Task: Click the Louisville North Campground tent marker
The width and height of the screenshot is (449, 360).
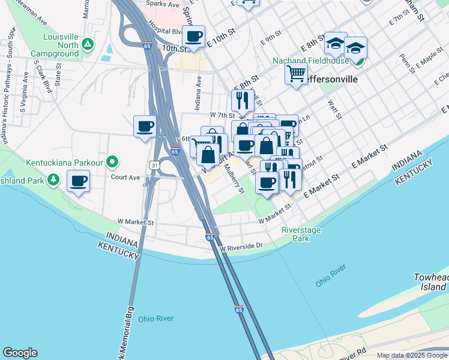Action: tap(88, 44)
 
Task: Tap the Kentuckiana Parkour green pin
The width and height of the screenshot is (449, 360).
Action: tap(112, 162)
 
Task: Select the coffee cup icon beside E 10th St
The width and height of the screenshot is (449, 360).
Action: tap(193, 37)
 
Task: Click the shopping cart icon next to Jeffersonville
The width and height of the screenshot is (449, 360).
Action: tap(296, 74)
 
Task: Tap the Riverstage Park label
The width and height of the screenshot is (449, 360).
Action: tap(301, 234)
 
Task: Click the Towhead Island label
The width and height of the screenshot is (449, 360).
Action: tap(431, 282)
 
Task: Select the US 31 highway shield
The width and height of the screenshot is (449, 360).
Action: tap(155, 164)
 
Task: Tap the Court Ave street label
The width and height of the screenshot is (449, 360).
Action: tap(125, 177)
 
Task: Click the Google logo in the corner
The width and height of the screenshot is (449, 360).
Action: tap(20, 353)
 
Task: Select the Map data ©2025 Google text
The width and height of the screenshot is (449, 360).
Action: tap(412, 355)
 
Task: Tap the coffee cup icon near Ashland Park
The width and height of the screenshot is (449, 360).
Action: tap(78, 181)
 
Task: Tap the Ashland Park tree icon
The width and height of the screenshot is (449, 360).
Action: tap(53, 179)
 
